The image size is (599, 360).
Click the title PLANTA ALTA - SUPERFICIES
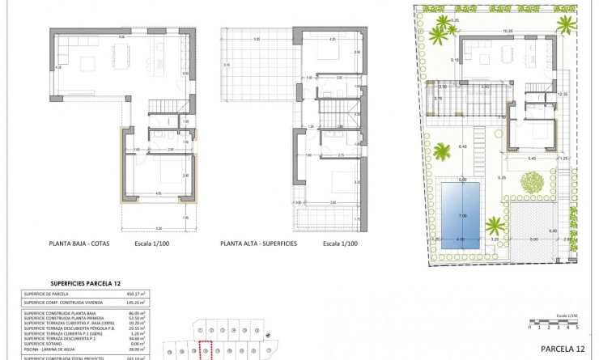coord(258,243)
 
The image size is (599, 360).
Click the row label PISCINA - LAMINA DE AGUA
coord(57,349)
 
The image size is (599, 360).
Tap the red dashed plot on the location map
coord(206,350)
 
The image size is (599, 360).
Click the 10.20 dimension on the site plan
coord(508,31)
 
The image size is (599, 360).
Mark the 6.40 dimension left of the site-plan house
coord(462,146)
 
